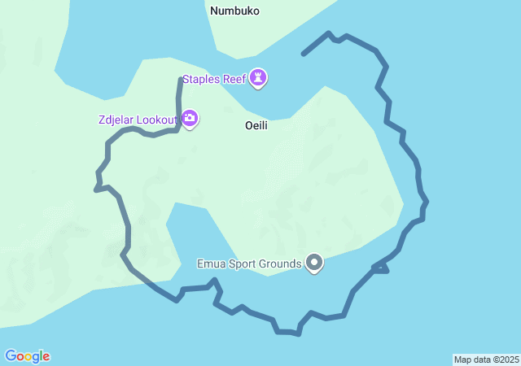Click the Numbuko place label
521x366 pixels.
[x=234, y=11]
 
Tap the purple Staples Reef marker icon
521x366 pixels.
[x=259, y=78]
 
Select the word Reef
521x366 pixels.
[x=235, y=79]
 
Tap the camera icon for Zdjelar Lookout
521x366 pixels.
[x=190, y=120]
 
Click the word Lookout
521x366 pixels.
[x=156, y=120]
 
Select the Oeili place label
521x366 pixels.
[x=256, y=126]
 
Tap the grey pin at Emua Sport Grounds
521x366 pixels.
[x=314, y=263]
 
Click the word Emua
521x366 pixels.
[x=212, y=264]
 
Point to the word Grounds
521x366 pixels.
[x=281, y=264]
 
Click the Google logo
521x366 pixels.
[x=27, y=356]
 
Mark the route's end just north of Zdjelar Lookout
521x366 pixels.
[x=181, y=79]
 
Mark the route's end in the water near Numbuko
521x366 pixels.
[x=303, y=54]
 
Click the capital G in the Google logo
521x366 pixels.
[x=11, y=356]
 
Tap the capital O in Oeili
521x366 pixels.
[x=249, y=126]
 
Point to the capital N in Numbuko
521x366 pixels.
[x=214, y=11]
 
